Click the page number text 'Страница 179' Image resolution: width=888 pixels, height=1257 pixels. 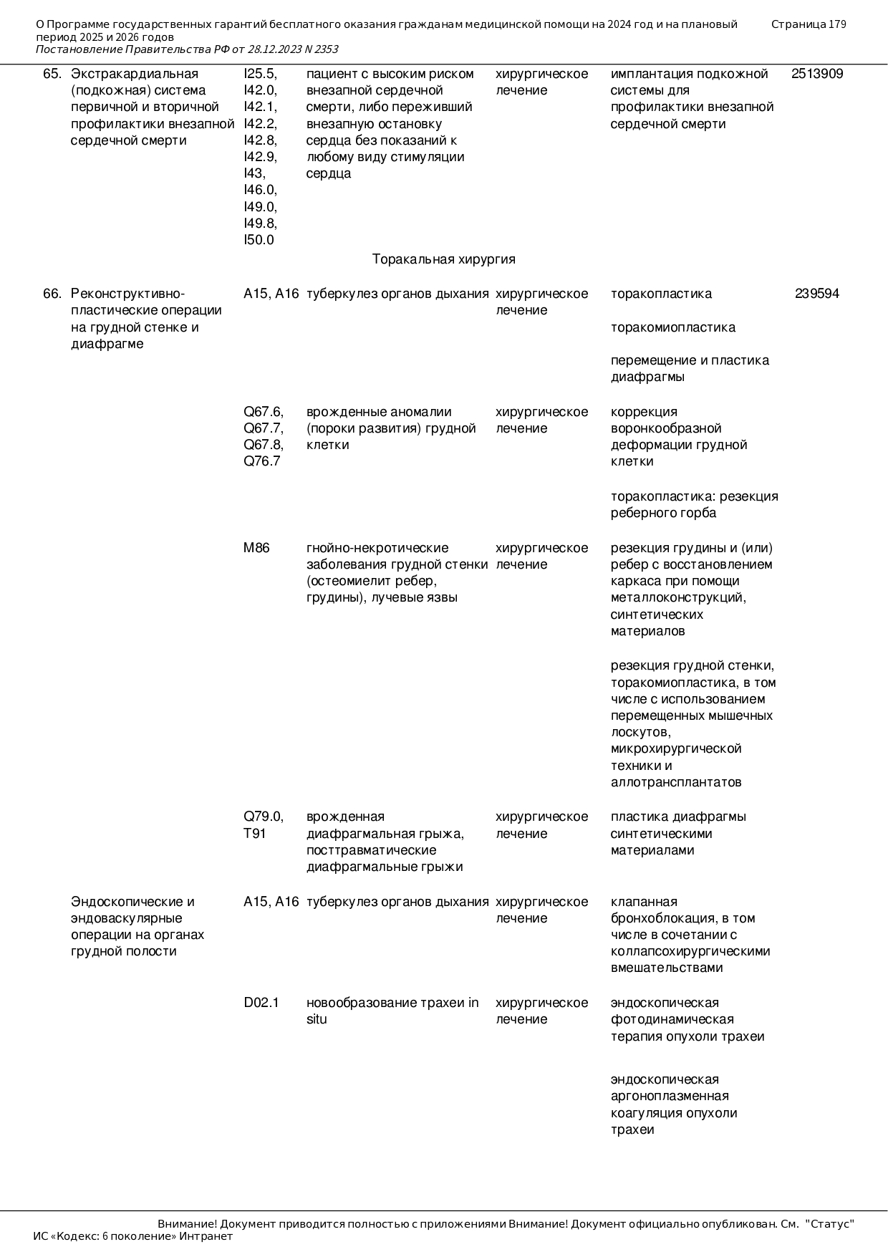[808, 24]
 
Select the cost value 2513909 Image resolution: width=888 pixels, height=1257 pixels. [816, 74]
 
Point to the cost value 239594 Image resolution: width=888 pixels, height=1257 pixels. [816, 294]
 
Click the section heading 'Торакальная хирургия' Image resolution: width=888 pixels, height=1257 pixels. [443, 259]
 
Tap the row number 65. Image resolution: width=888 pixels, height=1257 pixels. [52, 74]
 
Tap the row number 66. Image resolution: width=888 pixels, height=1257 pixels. [52, 294]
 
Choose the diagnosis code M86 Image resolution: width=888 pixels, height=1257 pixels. [256, 548]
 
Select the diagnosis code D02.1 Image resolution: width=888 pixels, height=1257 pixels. [261, 1003]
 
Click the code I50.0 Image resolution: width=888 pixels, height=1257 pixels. [259, 240]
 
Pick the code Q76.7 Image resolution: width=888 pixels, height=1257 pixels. [261, 461]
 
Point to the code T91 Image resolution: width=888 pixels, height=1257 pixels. [254, 834]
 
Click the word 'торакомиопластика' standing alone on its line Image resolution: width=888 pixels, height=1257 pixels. [672, 327]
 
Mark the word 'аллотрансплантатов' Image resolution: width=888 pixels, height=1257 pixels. [675, 782]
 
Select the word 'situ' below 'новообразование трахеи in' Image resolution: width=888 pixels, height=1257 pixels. [316, 1019]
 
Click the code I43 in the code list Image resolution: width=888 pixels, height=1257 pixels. [254, 173]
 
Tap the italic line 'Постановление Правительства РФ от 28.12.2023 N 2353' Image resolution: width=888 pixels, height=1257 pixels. [187, 49]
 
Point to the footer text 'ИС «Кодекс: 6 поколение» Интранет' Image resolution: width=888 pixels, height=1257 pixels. [133, 1236]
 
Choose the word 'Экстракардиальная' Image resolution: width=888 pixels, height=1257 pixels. [135, 74]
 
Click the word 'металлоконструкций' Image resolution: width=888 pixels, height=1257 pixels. [677, 597]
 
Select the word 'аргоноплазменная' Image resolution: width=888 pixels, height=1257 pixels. [669, 1096]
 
